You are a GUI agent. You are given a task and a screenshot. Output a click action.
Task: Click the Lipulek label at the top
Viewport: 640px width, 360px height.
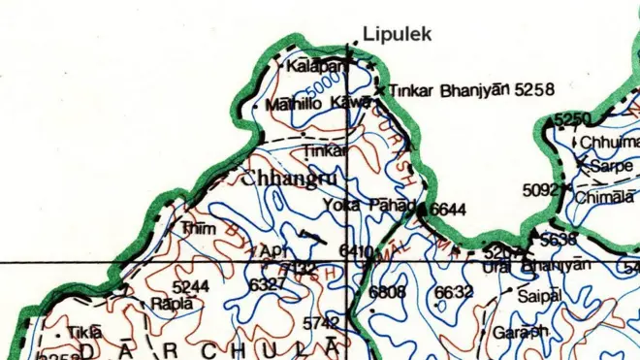point(395,34)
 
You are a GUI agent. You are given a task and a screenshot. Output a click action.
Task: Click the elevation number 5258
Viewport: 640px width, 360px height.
point(534,90)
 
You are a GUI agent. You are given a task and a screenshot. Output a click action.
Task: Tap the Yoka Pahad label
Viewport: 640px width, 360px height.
point(382,206)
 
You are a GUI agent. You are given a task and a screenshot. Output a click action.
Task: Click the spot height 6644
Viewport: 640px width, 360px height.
point(448,209)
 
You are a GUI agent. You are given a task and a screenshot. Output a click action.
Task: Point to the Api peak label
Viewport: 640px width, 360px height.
point(270,251)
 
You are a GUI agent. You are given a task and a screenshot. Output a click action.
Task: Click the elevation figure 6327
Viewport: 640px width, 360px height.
point(267,284)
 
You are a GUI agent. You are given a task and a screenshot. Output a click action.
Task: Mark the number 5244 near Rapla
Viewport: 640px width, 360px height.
point(190,286)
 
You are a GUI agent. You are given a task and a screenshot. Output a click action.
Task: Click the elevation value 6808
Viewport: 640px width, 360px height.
point(387,291)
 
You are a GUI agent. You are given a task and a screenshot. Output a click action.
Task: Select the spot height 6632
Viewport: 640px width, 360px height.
point(453,291)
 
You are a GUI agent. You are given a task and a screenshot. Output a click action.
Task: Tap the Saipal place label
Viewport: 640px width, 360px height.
point(539,296)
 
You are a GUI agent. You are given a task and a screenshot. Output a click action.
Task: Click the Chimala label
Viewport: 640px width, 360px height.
point(603,197)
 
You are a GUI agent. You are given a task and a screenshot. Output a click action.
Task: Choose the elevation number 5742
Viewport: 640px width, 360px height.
point(322,322)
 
